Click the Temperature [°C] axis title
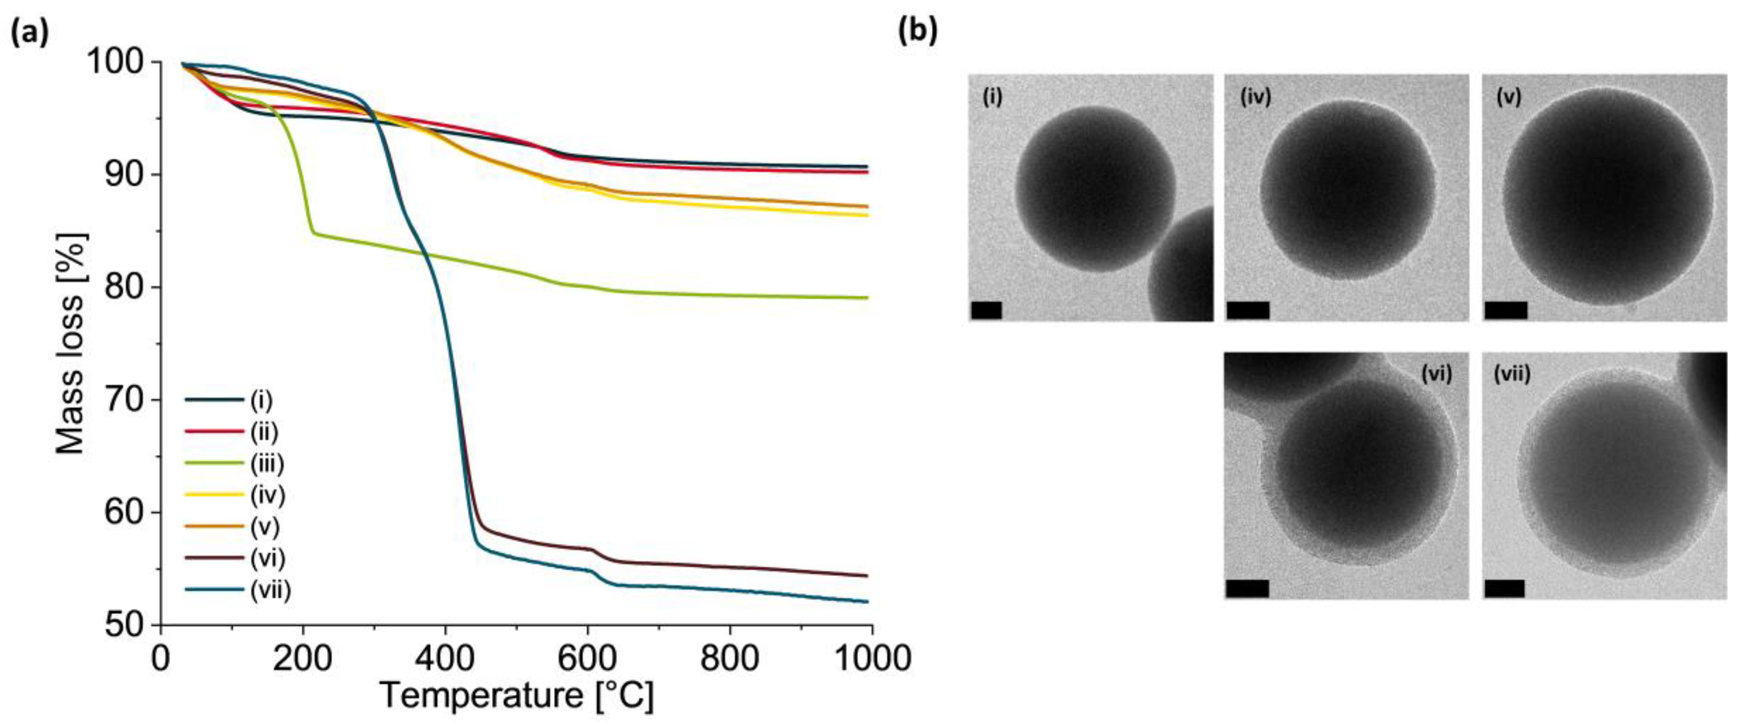(x=516, y=696)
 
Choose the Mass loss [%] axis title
(x=70, y=344)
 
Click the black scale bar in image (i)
(x=986, y=310)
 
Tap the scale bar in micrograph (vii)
(x=1504, y=588)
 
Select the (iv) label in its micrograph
(x=1255, y=97)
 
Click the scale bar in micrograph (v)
(x=1505, y=310)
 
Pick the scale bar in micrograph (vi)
(x=1246, y=588)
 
